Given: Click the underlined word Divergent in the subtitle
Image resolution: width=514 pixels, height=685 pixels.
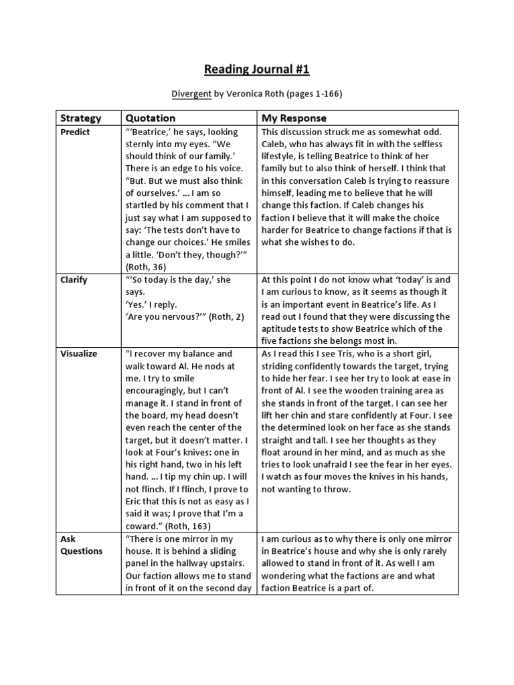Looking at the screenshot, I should (x=191, y=94).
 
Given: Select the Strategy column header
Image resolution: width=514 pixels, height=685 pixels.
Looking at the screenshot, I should (x=81, y=118).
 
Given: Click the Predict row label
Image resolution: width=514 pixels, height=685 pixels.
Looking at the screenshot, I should (x=75, y=132).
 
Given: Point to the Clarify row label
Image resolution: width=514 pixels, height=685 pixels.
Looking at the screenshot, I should (x=74, y=280).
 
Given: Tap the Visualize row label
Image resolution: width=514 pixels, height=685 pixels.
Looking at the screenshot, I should (x=78, y=353).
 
